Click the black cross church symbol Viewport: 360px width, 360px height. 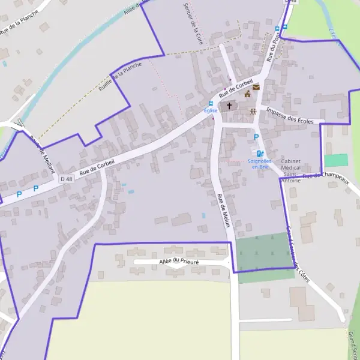229,106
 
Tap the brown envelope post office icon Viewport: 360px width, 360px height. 256,87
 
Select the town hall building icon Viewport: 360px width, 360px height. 247,94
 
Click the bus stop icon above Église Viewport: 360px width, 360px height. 210,103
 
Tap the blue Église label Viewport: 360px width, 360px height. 210,111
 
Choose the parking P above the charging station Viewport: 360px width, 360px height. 256,137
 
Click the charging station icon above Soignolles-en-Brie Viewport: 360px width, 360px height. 260,154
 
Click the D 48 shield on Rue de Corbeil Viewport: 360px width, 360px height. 66,179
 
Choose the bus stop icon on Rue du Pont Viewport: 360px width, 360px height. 277,28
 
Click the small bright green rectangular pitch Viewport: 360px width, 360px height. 336,160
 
